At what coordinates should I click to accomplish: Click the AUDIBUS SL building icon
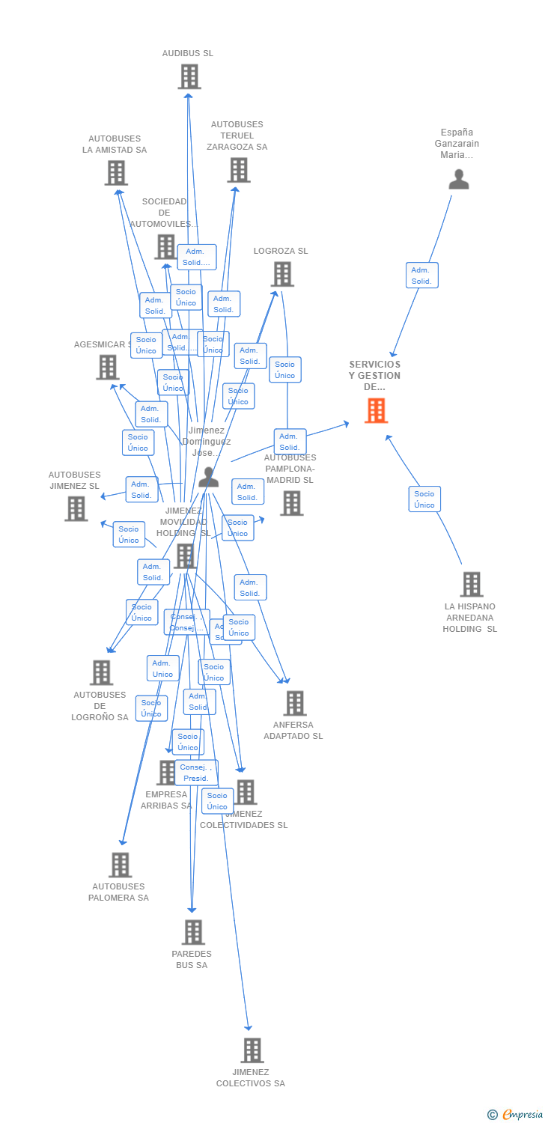[189, 76]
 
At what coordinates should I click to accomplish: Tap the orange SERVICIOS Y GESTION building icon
[376, 410]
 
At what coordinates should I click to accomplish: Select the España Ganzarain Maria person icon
[458, 180]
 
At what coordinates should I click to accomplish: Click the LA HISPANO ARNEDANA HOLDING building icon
[471, 584]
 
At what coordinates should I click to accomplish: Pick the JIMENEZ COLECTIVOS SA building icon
[252, 1050]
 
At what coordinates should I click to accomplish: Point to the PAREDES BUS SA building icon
[193, 932]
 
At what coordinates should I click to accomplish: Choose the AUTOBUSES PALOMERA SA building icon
[120, 865]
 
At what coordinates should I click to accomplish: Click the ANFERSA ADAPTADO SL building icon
[295, 703]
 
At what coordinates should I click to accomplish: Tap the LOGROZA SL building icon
[282, 274]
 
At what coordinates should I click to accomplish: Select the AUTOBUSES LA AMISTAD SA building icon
[115, 173]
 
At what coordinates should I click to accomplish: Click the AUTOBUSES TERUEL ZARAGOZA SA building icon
[238, 170]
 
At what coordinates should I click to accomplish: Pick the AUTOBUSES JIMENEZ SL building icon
[76, 508]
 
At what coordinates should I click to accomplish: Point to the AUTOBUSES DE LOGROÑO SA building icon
[101, 672]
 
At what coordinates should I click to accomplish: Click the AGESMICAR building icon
[108, 367]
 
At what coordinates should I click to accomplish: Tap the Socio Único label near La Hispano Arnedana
[424, 499]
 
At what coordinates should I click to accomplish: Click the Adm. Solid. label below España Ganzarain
[421, 276]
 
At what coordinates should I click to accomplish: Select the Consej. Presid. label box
[196, 773]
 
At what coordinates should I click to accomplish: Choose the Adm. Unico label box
[162, 669]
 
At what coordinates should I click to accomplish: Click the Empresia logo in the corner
[516, 1115]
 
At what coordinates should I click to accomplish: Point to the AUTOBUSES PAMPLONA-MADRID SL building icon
[291, 503]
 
